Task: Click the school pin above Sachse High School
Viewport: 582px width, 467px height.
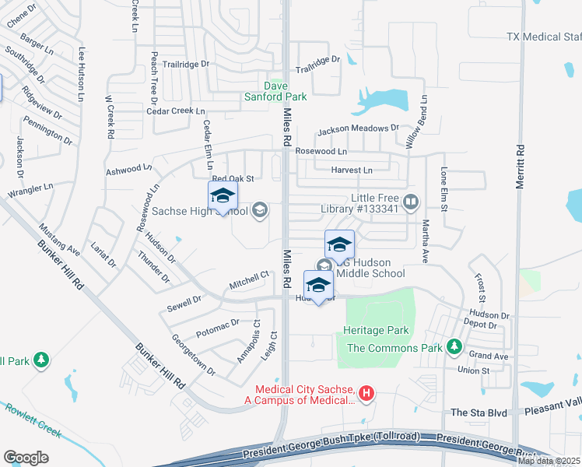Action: tap(223, 196)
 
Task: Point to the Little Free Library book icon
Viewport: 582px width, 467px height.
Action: tap(412, 202)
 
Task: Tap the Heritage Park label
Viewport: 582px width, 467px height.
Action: tap(376, 331)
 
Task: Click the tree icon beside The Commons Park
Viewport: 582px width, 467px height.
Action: tap(453, 347)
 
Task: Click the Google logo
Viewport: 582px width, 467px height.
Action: tap(26, 457)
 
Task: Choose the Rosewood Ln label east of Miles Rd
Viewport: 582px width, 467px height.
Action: tap(321, 150)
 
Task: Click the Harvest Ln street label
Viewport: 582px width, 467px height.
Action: tap(352, 170)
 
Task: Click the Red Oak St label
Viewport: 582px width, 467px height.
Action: tap(233, 178)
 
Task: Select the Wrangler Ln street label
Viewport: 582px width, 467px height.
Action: tap(30, 188)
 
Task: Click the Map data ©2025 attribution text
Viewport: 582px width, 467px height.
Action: tap(549, 461)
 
